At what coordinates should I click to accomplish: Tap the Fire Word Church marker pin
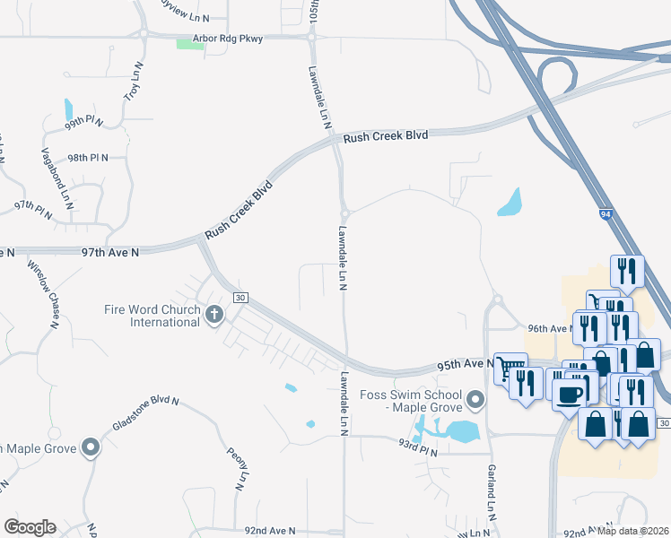click(x=213, y=315)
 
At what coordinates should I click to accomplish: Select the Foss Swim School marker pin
click(x=476, y=397)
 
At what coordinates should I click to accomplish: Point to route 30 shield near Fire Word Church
click(x=240, y=298)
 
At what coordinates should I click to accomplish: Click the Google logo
click(x=30, y=527)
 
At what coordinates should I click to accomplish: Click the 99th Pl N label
click(x=84, y=121)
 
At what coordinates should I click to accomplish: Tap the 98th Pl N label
click(x=87, y=157)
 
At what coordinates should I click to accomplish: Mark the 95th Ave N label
click(x=466, y=365)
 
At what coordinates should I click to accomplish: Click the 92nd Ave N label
click(x=269, y=531)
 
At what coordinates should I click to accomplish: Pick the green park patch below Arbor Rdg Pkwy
click(x=190, y=45)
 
